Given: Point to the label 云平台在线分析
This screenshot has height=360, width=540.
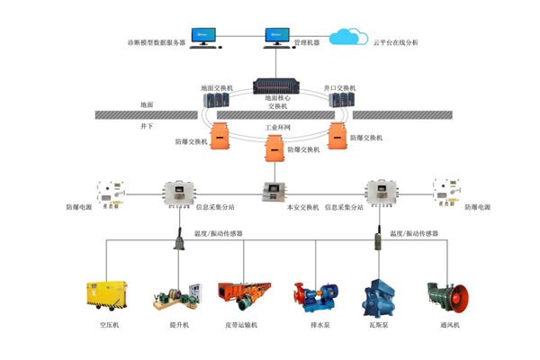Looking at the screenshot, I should click(x=396, y=42).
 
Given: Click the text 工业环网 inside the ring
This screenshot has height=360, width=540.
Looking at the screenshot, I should click(x=277, y=129).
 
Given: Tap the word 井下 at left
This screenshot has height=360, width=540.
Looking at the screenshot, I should click(x=147, y=127).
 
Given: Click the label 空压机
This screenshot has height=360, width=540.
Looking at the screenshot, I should click(x=109, y=324).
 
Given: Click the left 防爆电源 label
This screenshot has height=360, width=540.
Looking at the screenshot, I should click(x=79, y=207).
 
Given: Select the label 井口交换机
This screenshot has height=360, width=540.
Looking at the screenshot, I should click(x=339, y=88).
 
